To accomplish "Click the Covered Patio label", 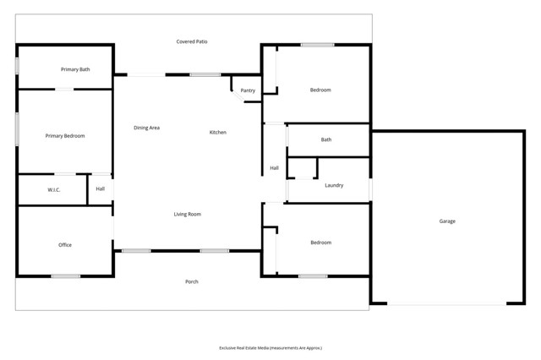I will (x=192, y=41).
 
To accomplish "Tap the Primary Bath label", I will (x=75, y=69).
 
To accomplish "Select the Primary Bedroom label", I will (x=65, y=136).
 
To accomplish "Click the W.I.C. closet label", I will (x=52, y=190).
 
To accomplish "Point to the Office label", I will (x=65, y=245).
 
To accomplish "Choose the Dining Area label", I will (x=147, y=128).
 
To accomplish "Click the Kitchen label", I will (x=218, y=133).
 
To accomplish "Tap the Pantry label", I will (x=248, y=90).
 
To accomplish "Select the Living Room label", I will (x=188, y=215).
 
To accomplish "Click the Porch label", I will (x=192, y=281).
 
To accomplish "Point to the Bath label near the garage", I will (x=326, y=139).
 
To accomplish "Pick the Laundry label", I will (x=334, y=185).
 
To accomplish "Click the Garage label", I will (x=447, y=221).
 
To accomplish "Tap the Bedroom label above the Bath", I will (x=320, y=90).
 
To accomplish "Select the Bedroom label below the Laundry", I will (x=320, y=243).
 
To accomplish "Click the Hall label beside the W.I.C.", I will (x=101, y=189).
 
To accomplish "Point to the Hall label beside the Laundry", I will (x=275, y=168).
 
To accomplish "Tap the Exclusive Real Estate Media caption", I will (x=270, y=347).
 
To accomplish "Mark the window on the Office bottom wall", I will (x=65, y=275).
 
